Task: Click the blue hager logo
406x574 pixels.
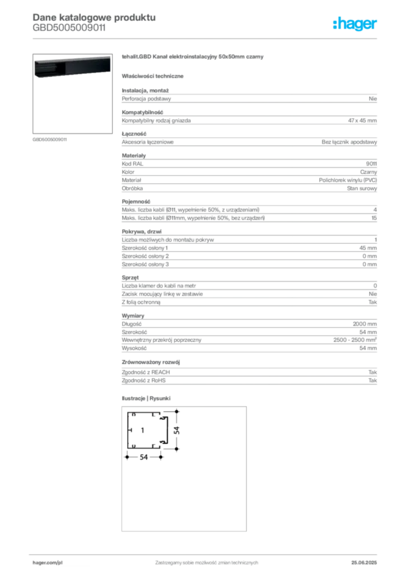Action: click(x=356, y=25)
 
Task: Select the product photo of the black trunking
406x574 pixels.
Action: click(x=71, y=67)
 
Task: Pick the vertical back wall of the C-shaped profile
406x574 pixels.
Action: click(x=128, y=430)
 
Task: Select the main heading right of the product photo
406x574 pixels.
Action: click(x=192, y=58)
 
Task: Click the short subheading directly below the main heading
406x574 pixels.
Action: click(x=154, y=76)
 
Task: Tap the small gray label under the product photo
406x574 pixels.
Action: click(x=49, y=139)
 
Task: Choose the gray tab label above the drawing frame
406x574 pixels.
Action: click(x=148, y=399)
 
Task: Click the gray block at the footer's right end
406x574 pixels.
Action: click(x=368, y=559)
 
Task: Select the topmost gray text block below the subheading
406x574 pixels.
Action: click(x=248, y=98)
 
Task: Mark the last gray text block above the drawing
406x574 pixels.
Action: click(x=248, y=372)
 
